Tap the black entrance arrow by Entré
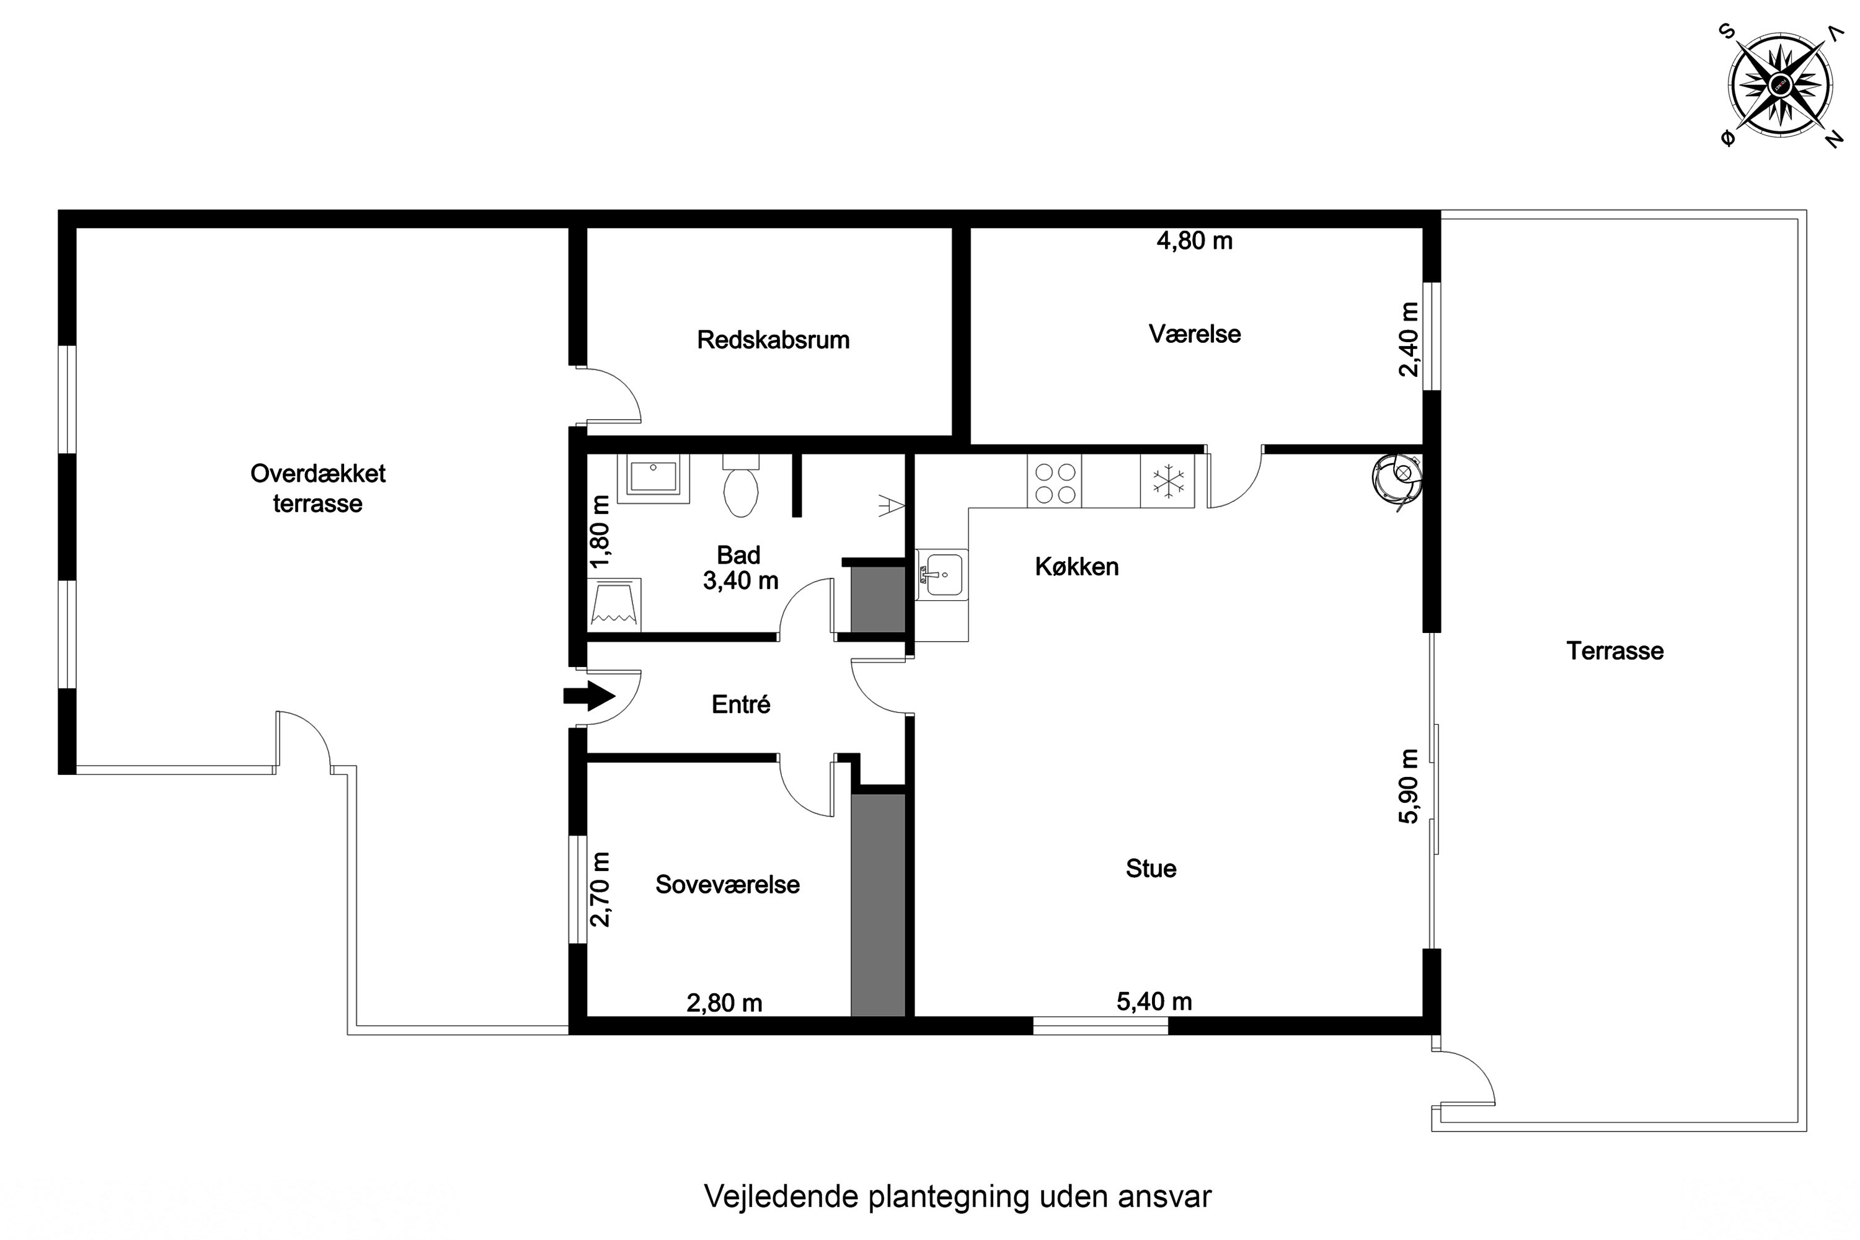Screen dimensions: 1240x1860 pos(588,696)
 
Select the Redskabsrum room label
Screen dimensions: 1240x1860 pos(773,340)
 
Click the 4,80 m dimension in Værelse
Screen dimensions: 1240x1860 pos(1194,241)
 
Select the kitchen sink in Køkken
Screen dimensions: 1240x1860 pos(941,573)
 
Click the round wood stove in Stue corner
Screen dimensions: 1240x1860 pos(1397,479)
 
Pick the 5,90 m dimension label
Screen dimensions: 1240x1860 pos(1409,786)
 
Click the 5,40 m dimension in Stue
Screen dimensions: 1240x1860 pos(1154,1002)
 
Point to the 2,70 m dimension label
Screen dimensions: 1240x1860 pos(601,889)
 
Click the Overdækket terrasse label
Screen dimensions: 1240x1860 pos(318,488)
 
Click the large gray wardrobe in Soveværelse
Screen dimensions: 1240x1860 pos(877,905)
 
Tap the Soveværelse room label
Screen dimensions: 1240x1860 pos(727,884)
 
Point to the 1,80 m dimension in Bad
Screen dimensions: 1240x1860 pos(601,531)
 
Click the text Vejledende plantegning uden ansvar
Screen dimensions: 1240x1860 pos(957,1197)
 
